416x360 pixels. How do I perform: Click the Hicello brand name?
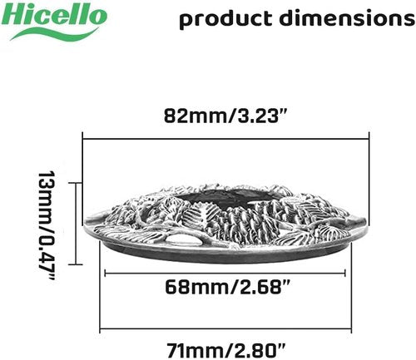tap(54, 15)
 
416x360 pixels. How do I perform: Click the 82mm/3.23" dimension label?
tap(225, 116)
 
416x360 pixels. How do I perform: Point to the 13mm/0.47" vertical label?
tap(47, 225)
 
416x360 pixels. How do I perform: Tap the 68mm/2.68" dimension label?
tap(227, 287)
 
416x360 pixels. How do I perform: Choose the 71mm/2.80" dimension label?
tap(225, 350)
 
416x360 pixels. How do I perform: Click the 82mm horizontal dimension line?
tap(225, 139)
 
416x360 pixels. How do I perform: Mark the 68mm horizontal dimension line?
tap(225, 274)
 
